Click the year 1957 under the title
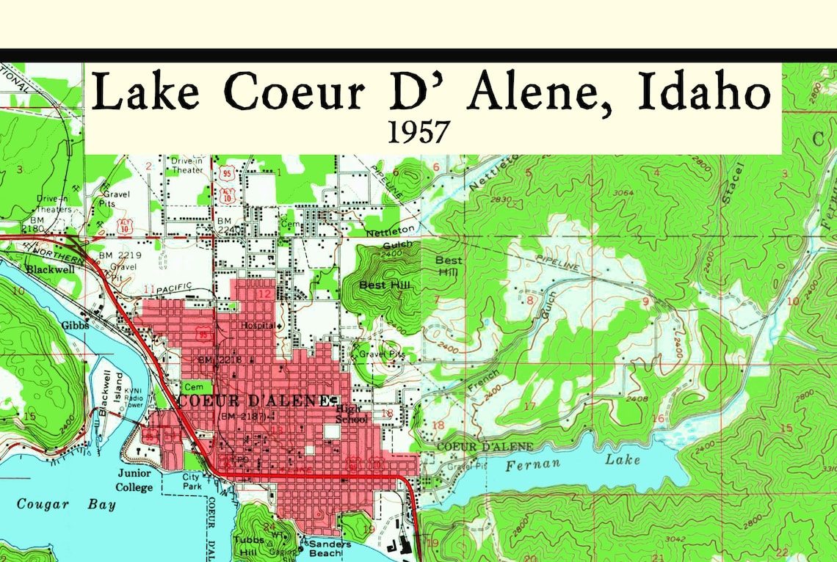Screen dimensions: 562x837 coord(418,131)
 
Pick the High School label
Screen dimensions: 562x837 coord(351,414)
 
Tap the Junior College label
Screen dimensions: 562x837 coord(134,481)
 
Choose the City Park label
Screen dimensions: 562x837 coord(191,481)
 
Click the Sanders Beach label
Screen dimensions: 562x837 coord(330,549)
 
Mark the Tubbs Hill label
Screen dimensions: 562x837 coord(244,544)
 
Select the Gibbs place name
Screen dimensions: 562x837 coord(75,325)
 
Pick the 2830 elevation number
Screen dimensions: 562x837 coord(503,200)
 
